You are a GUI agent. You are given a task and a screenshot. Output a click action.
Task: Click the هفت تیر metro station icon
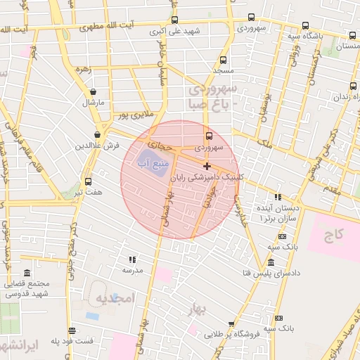click(88, 181)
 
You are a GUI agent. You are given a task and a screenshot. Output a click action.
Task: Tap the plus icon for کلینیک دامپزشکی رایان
click(207, 166)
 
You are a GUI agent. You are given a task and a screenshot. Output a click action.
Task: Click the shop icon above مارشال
click(93, 92)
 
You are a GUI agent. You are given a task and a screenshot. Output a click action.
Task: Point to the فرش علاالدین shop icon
click(97, 134)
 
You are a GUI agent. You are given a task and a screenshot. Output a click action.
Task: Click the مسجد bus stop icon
click(224, 60)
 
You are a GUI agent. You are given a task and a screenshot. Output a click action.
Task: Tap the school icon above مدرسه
click(132, 259)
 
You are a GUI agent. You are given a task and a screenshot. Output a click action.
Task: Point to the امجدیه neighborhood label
click(114, 298)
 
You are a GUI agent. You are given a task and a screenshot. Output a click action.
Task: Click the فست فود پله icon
click(72, 330)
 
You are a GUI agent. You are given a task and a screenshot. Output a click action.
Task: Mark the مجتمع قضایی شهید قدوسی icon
click(27, 273)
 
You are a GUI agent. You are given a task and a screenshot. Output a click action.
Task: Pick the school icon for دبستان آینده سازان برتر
click(278, 198)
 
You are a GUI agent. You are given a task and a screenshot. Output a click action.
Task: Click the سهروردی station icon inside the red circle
click(208, 136)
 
